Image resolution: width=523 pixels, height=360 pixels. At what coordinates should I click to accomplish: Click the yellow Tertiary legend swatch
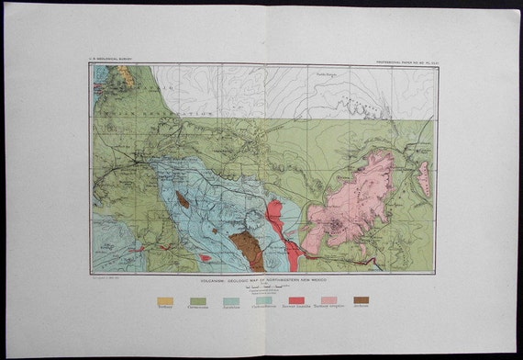pyautogui.click(x=164, y=300)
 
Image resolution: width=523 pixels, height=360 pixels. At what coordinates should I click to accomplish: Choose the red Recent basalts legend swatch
pyautogui.click(x=295, y=300)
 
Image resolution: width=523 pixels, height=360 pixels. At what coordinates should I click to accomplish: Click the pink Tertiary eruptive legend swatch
pyautogui.click(x=328, y=300)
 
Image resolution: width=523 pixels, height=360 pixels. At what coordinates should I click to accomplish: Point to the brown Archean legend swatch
pyautogui.click(x=362, y=300)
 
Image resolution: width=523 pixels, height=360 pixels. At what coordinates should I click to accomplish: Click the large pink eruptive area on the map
pyautogui.click(x=353, y=202)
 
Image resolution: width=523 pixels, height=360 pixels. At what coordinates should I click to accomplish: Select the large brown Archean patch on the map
pyautogui.click(x=245, y=249)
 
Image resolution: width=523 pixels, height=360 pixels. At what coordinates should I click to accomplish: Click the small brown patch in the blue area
pyautogui.click(x=184, y=198)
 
